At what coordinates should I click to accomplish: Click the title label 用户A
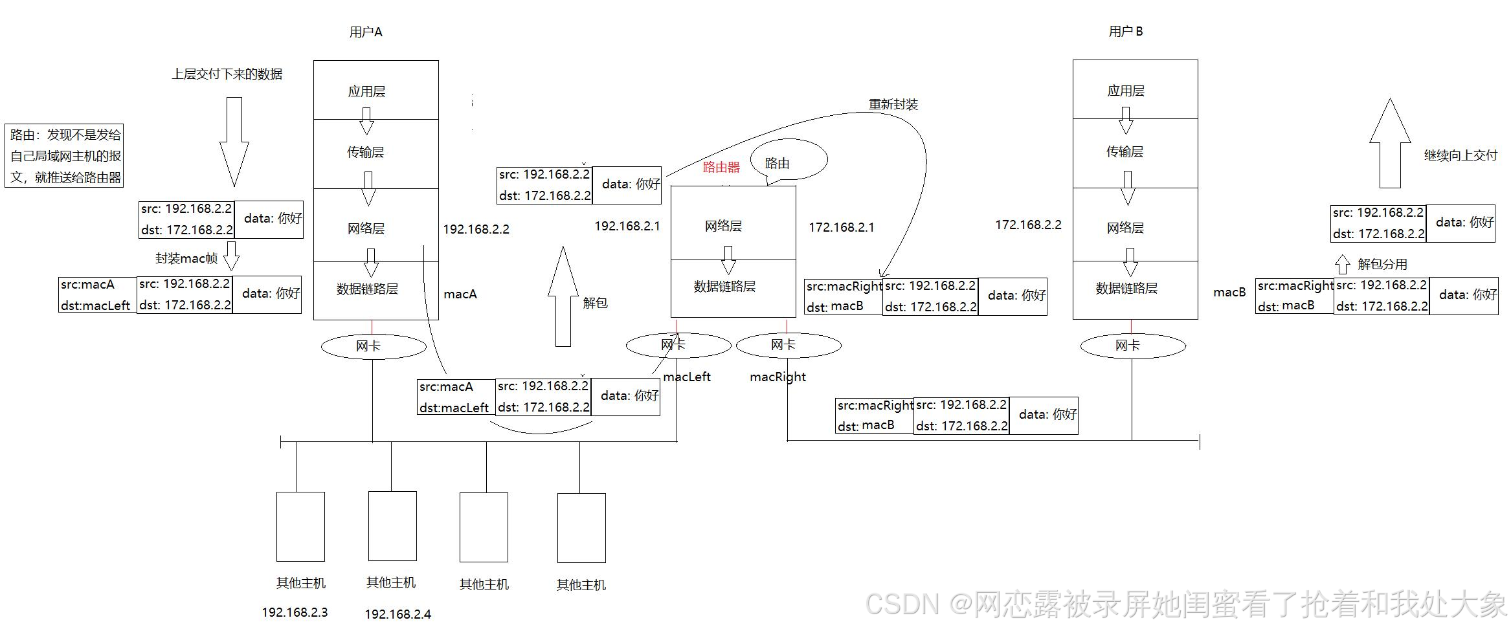pos(366,32)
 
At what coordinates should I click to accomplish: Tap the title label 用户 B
pos(1125,31)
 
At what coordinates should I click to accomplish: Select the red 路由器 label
pos(721,167)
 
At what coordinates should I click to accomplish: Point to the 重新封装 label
pos(893,104)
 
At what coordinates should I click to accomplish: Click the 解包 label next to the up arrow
pos(595,302)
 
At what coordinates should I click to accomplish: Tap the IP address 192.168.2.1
pos(627,226)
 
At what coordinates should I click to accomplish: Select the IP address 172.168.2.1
pos(841,227)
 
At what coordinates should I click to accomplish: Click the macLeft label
pos(687,377)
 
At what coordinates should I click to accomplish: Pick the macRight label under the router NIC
pos(778,377)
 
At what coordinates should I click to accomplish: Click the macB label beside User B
pos(1229,292)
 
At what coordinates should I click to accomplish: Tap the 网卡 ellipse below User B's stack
pos(1132,346)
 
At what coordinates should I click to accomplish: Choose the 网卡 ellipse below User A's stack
pos(373,347)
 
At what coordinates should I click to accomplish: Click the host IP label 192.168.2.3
pos(295,612)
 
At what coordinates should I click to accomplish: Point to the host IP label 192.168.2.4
pos(397,614)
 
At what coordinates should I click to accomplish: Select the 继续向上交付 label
pos(1461,155)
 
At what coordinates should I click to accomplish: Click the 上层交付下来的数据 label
pos(227,74)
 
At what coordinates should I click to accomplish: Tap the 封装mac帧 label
pos(186,258)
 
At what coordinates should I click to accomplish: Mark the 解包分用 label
pos(1382,264)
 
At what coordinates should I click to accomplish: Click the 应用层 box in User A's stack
pos(375,90)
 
